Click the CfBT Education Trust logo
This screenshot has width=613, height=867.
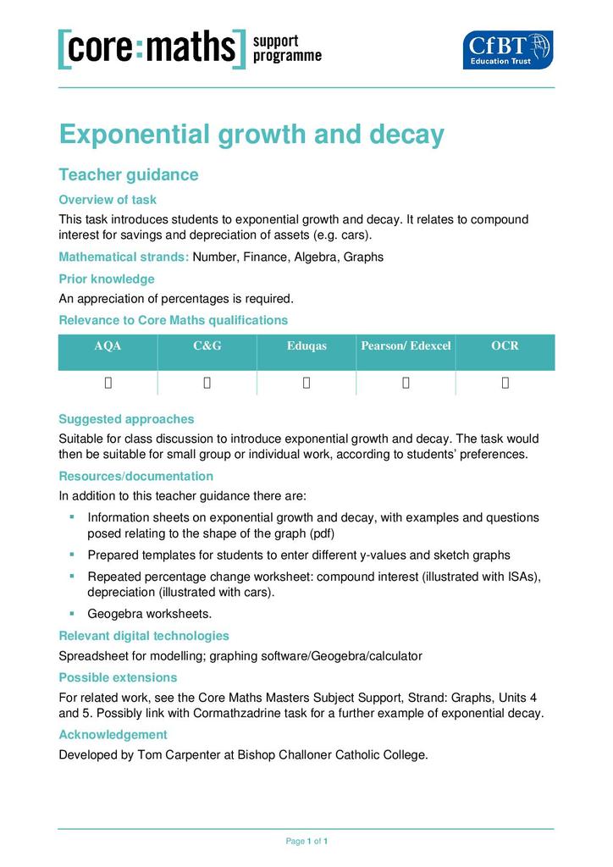click(x=507, y=49)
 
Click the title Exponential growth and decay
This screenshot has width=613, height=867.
click(x=251, y=135)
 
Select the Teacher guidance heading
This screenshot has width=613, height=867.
click(x=128, y=175)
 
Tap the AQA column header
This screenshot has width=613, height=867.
click(x=108, y=346)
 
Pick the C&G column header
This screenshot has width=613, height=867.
click(x=207, y=346)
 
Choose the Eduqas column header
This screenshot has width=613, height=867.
click(x=306, y=346)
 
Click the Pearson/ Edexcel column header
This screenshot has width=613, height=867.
click(x=406, y=346)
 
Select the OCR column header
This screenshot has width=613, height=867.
click(x=505, y=346)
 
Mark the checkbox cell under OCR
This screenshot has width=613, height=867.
click(x=505, y=383)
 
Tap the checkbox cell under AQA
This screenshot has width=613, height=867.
click(x=108, y=383)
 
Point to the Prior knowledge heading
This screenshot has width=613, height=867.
click(x=107, y=279)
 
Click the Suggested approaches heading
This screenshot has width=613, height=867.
click(x=126, y=419)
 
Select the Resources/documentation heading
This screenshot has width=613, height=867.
click(x=135, y=477)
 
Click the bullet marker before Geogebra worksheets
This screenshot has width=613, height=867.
click(x=72, y=613)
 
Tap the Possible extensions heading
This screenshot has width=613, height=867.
click(x=118, y=677)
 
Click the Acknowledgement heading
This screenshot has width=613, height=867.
click(x=113, y=735)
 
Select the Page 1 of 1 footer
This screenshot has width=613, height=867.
click(x=306, y=842)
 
